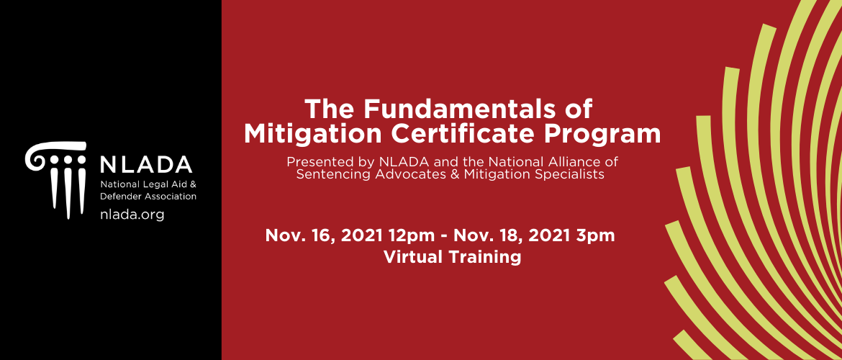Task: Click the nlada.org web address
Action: pos(132,215)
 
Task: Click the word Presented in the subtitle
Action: pos(311,161)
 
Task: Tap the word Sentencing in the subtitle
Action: pos(323,174)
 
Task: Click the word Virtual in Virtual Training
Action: pos(414,257)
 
